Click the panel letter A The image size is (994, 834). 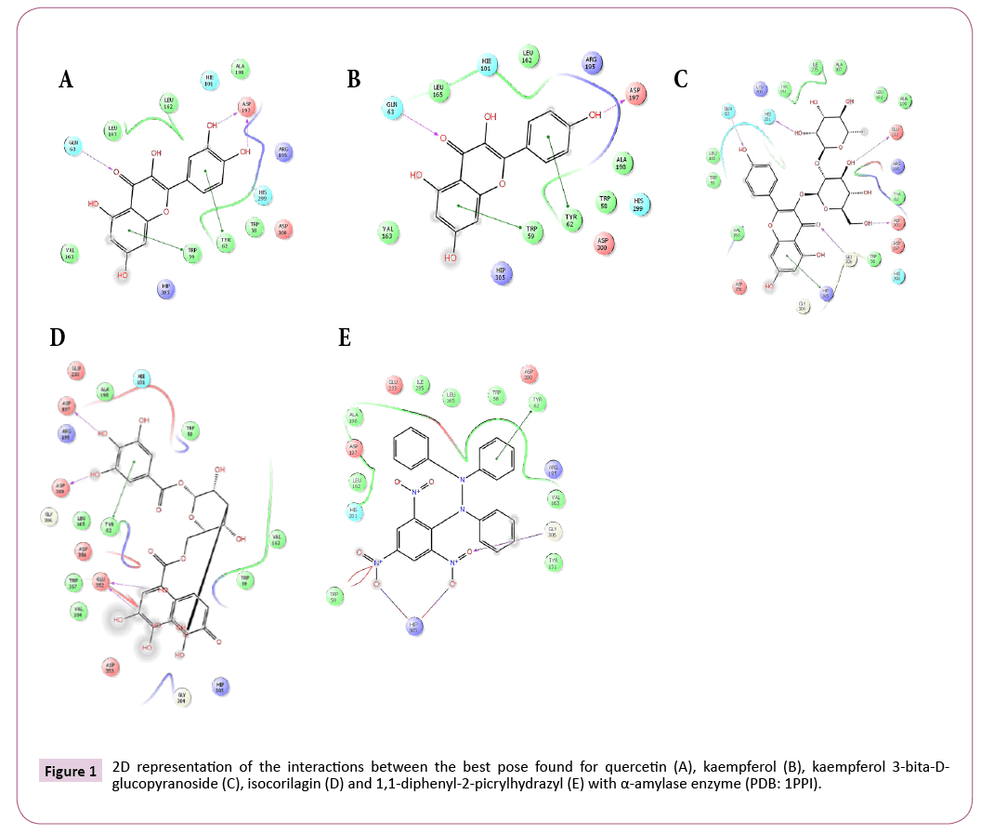pos(65,80)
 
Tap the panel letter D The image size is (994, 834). pos(58,338)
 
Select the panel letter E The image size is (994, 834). pos(345,338)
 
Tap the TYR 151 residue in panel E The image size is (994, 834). pos(554,562)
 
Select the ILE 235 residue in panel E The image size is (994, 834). pos(423,385)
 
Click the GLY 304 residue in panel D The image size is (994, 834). pos(183,697)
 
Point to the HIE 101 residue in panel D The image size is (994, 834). pos(142,378)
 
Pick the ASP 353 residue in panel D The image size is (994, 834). pos(111,668)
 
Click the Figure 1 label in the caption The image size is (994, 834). pos(70,772)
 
